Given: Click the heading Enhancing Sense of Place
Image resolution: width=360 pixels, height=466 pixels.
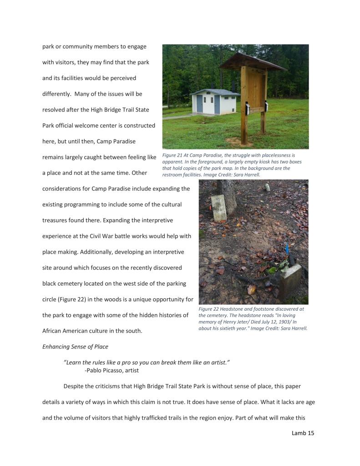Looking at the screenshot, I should tap(75, 347).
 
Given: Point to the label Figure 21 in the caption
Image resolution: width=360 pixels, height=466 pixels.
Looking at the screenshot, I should tap(173, 155).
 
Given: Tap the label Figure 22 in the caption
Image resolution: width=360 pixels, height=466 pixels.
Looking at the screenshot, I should tap(209, 309).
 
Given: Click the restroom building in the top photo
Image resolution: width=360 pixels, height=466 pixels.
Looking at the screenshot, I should tap(215, 102).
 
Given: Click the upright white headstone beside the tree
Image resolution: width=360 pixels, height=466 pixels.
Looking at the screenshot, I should tap(219, 208).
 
